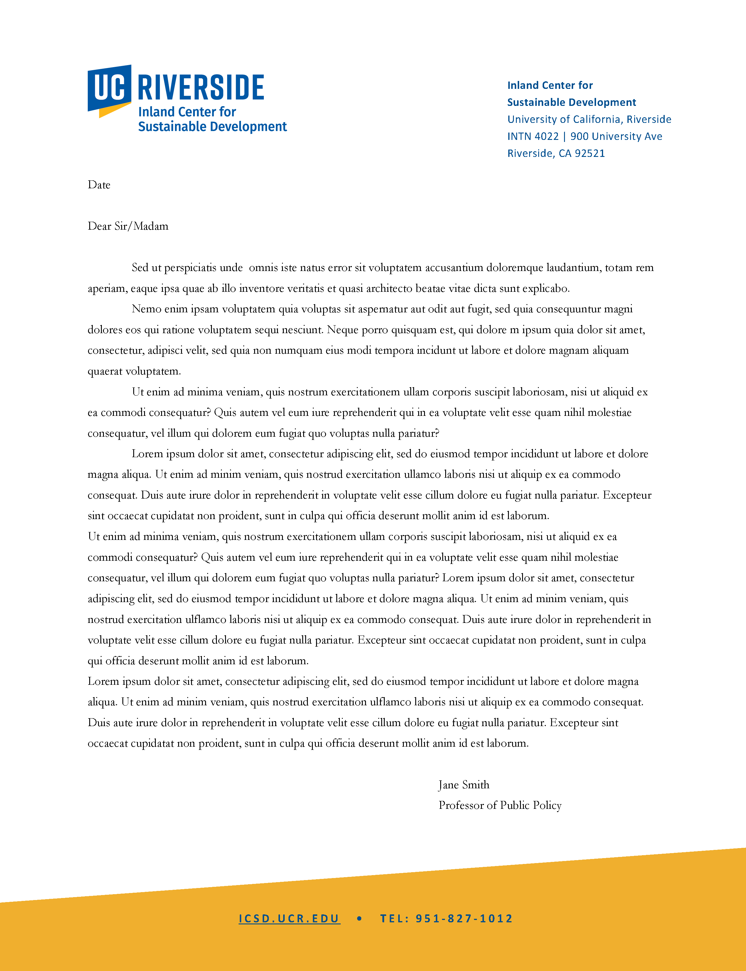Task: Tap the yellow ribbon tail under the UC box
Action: tap(114, 110)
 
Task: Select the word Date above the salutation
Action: tap(99, 185)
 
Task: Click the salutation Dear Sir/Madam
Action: tap(128, 226)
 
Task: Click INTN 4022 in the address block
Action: tap(533, 137)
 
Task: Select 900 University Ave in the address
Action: tap(616, 137)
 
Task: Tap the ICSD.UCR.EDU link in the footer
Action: tap(289, 918)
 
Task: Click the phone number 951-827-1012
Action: tap(464, 918)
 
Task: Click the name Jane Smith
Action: tap(464, 784)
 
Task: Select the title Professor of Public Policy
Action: tap(500, 806)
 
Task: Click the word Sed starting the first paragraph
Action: tap(140, 267)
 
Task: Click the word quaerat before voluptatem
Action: tap(105, 372)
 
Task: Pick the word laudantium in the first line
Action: tap(573, 267)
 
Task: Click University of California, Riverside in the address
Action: tap(589, 119)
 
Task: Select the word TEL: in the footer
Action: tap(394, 918)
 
